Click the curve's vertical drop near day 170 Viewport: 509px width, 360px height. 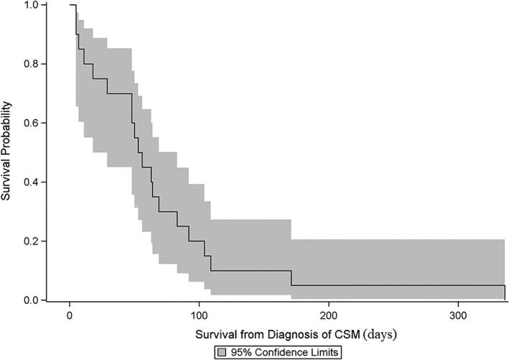coord(291,278)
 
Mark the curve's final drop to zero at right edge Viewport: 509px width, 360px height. coord(505,293)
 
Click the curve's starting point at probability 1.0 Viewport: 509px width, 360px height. coord(70,5)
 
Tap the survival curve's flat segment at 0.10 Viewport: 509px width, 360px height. coord(251,271)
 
